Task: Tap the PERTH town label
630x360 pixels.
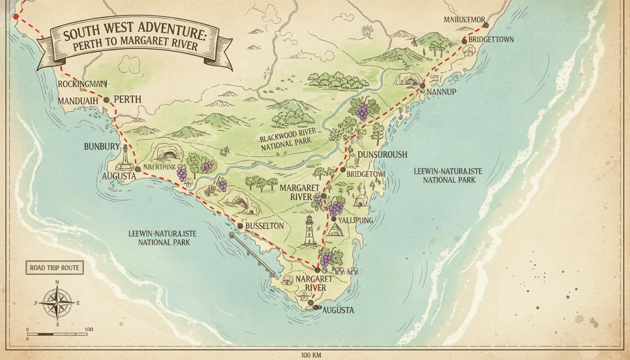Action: point(127,100)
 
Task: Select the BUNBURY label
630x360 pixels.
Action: point(102,147)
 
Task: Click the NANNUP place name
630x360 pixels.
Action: point(442,92)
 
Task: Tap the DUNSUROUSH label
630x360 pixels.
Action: point(382,155)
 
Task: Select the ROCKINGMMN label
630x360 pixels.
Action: point(83,84)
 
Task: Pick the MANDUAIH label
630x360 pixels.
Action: point(79,100)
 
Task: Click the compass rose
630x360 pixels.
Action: point(57,302)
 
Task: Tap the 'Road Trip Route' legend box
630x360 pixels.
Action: point(54,268)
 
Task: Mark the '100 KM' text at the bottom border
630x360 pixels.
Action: point(315,355)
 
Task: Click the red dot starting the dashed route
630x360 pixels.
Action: point(16,17)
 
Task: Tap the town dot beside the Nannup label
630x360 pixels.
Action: point(422,86)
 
